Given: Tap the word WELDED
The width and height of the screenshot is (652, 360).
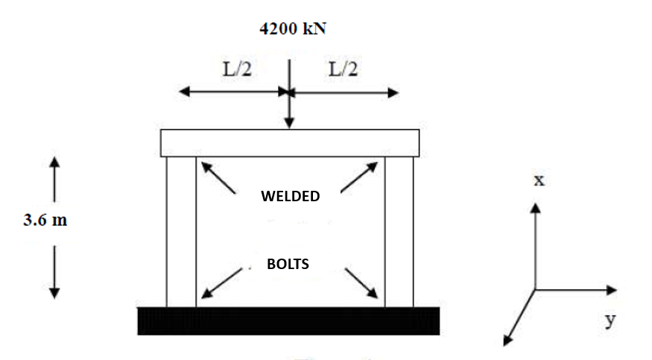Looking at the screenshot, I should [290, 197].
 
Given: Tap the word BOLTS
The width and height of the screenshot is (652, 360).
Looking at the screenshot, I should [288, 264].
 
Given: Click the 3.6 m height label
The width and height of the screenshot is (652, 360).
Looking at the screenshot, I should [45, 221].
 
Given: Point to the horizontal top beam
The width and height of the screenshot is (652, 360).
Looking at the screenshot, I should [290, 142].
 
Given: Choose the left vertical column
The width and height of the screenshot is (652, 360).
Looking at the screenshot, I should [181, 231].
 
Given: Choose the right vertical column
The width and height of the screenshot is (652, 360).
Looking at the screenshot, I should [399, 231].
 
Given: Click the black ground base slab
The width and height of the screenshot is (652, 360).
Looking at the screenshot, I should [288, 320].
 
